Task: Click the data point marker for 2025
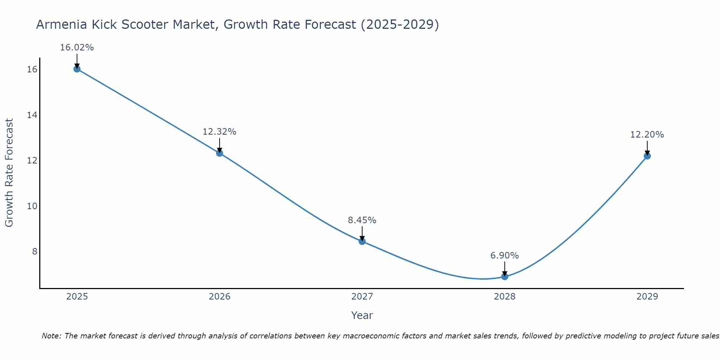coord(77,69)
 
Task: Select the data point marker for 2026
coord(219,153)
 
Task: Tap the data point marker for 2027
coord(362,241)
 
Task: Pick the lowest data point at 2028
coord(504,276)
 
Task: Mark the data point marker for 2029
coord(647,156)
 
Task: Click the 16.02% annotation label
coord(77,48)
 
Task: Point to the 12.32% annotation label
coord(219,132)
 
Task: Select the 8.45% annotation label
coord(362,220)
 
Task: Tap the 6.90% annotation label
coord(504,256)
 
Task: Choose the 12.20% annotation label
coord(647,135)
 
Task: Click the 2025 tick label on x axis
coord(77,297)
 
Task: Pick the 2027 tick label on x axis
coord(362,297)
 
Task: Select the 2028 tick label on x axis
coord(504,297)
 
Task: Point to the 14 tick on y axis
coord(32,115)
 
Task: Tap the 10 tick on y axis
coord(32,206)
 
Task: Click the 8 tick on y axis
coord(35,251)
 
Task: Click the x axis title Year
coord(362,315)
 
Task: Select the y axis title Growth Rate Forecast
coord(9,173)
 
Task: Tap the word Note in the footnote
coord(51,336)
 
